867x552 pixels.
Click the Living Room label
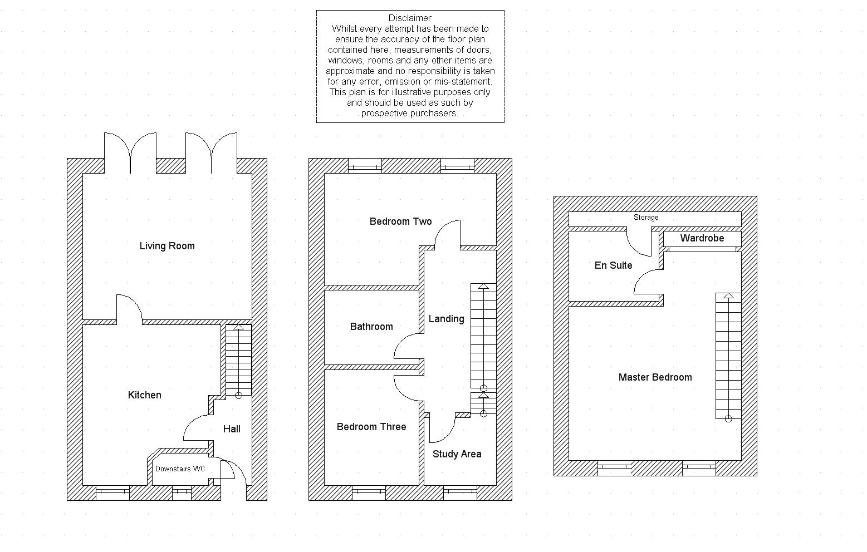click(x=167, y=246)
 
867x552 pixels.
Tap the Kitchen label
click(x=145, y=395)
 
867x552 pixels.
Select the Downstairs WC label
click(x=180, y=469)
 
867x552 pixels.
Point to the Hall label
click(x=232, y=429)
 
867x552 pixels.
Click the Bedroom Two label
click(x=400, y=221)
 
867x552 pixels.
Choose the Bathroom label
click(x=371, y=327)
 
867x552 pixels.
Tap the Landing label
click(x=446, y=319)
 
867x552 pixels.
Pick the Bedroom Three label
click(x=371, y=427)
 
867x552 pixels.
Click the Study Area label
click(x=457, y=454)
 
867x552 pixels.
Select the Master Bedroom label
click(x=655, y=377)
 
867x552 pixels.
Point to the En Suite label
click(x=613, y=265)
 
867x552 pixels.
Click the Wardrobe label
click(x=702, y=238)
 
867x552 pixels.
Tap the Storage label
click(x=646, y=218)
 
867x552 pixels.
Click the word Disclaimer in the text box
click(x=410, y=18)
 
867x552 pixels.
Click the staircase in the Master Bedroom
click(x=728, y=356)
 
